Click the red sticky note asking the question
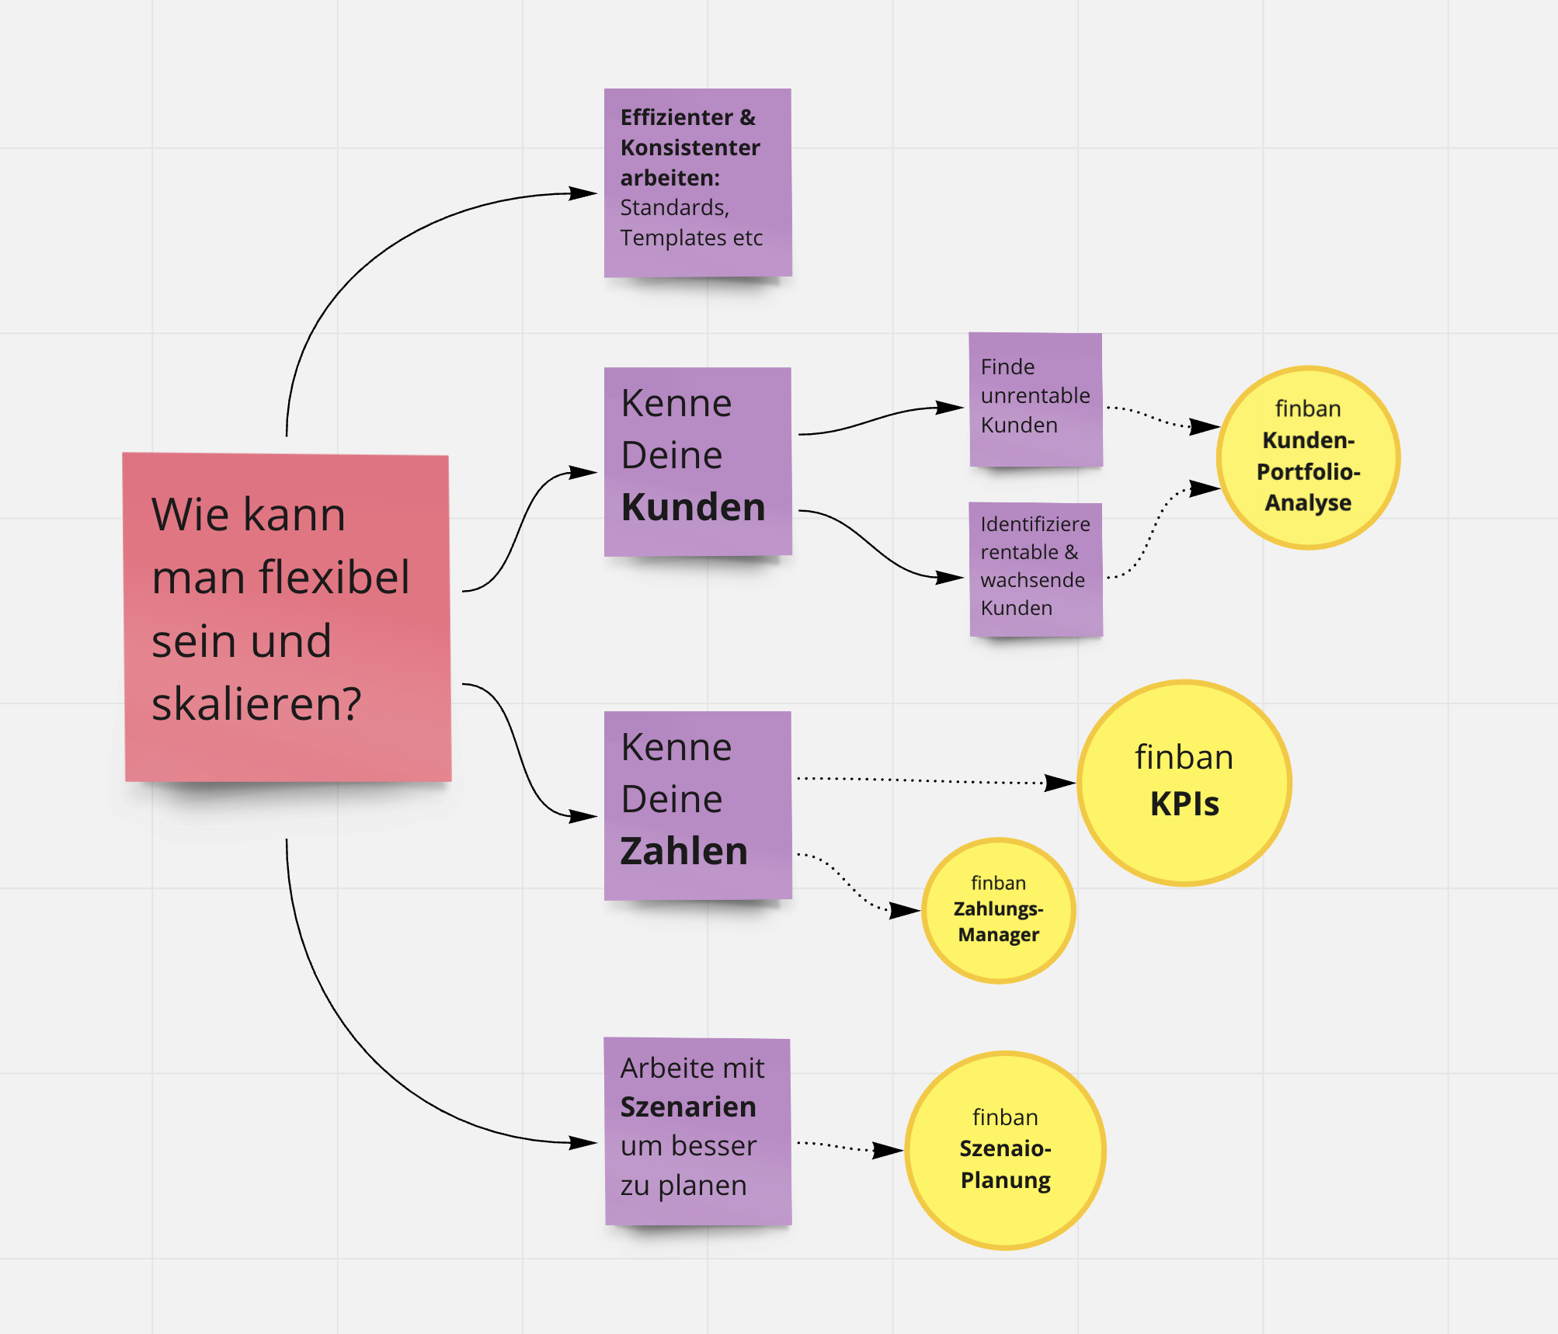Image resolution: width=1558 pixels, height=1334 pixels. coord(287,617)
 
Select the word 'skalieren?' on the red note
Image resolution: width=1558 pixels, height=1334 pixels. coord(256,704)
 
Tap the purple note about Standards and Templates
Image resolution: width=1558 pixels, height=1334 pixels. coord(697,182)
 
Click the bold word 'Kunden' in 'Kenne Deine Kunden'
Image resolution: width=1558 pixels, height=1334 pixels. coord(693,507)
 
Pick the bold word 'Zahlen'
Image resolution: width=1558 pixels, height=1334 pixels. coord(683,851)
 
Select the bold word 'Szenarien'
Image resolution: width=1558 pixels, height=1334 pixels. coord(688,1106)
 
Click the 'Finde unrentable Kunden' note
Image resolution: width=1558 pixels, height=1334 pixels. coord(1035,399)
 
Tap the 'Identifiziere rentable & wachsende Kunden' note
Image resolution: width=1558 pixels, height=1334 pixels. coord(1035,569)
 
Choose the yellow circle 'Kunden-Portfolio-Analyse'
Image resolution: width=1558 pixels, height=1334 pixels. coord(1308,457)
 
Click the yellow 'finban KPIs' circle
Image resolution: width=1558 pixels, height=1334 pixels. coord(1184,783)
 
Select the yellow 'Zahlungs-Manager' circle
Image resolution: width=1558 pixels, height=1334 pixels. coord(998,910)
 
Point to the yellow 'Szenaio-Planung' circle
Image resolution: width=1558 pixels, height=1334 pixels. coord(1005,1150)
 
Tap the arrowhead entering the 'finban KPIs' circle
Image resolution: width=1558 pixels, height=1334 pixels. coord(1059,783)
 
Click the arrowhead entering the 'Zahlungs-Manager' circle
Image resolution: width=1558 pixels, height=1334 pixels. coord(905,910)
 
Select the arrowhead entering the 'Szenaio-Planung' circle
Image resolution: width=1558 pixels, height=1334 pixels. coord(888,1150)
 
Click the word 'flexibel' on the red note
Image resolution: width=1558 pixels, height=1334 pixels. coord(335,578)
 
